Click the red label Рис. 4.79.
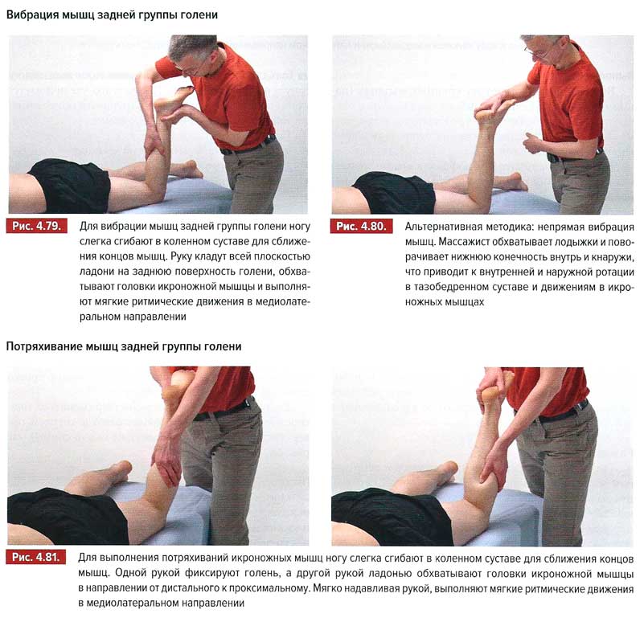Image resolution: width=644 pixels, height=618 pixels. click(x=36, y=227)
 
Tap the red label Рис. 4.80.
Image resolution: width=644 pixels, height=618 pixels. click(x=361, y=227)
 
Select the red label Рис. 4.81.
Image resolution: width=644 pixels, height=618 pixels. click(x=35, y=557)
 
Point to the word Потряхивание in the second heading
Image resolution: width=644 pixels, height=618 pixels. click(x=44, y=346)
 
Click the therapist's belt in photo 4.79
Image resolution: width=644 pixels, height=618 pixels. click(x=248, y=145)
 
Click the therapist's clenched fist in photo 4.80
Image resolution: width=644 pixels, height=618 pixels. click(x=533, y=142)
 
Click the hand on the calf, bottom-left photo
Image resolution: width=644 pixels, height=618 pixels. click(x=166, y=462)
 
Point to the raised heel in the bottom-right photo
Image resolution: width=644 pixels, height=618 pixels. click(x=489, y=394)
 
